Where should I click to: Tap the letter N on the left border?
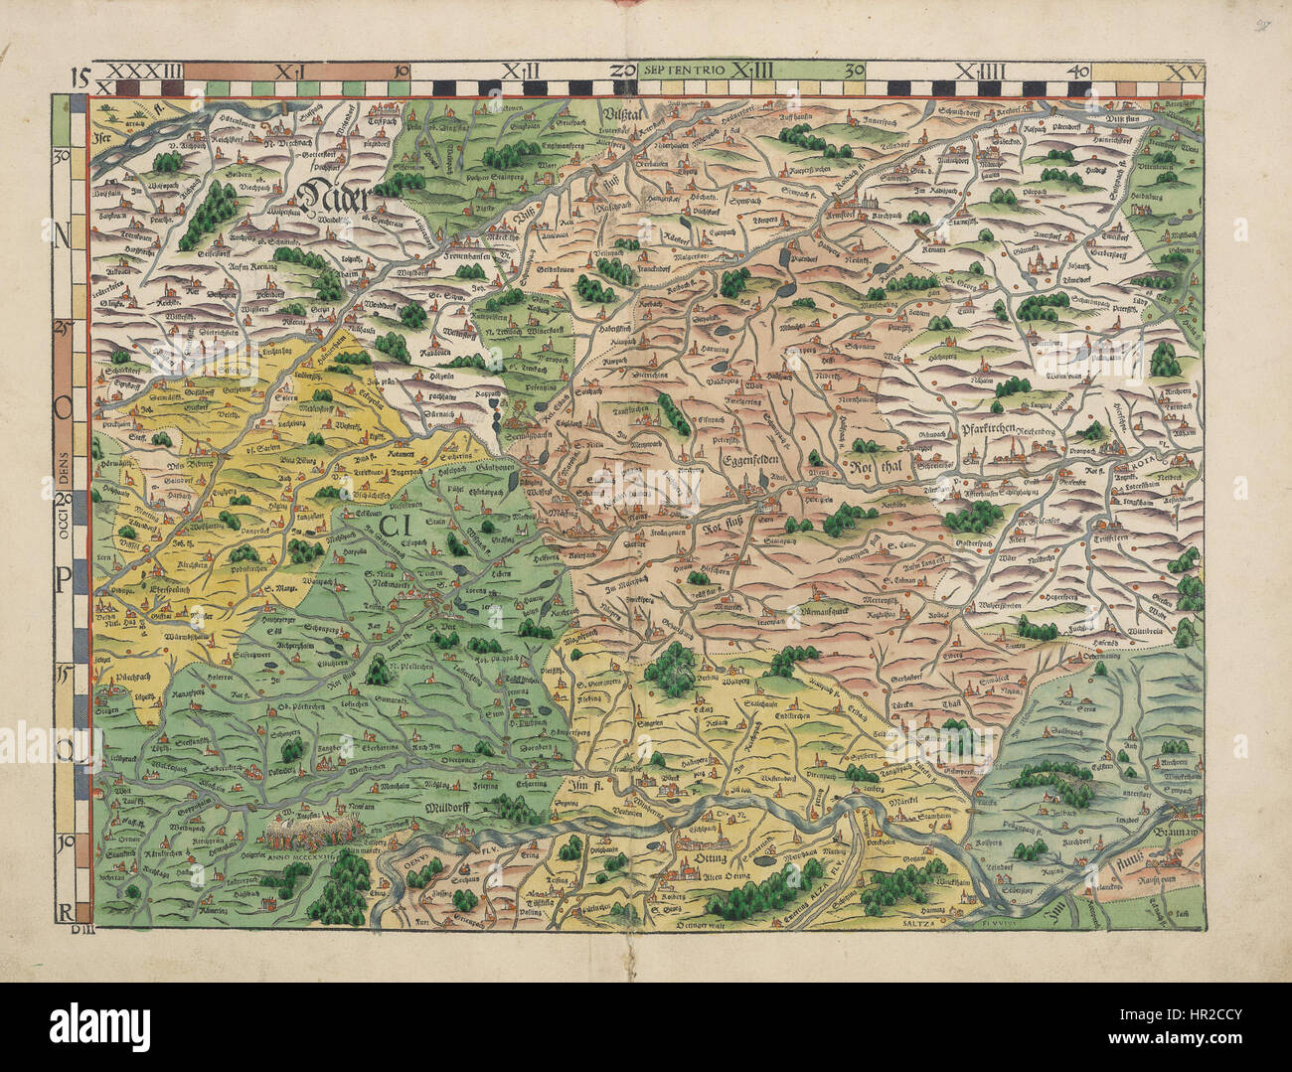[63, 233]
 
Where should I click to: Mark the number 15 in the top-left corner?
[81, 72]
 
